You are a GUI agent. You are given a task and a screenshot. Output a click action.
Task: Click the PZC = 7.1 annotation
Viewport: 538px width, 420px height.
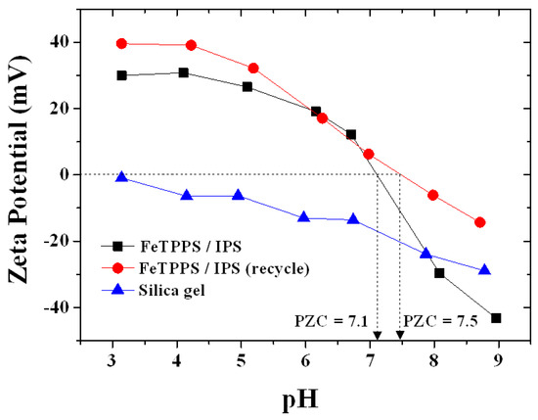pos(331,320)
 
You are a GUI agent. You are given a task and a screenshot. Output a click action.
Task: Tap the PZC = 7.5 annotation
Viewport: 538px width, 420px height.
pos(438,320)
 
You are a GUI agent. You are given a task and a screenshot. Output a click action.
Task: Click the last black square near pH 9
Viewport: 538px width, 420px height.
pos(496,318)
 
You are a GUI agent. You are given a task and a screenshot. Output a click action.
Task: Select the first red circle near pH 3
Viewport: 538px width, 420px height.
pos(121,43)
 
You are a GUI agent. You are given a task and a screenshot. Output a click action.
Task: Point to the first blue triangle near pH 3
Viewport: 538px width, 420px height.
pos(121,177)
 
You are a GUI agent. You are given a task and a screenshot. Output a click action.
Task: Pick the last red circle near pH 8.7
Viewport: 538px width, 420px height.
pos(479,222)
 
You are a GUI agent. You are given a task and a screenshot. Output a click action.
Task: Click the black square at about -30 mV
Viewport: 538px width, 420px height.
pos(439,273)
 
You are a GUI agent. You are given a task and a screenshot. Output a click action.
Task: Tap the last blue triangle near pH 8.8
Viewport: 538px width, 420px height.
pos(484,270)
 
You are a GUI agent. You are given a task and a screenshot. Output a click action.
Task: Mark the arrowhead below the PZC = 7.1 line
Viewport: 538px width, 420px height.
pos(377,337)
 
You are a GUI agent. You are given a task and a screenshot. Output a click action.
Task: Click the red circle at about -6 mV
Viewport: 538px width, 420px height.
pos(433,195)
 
